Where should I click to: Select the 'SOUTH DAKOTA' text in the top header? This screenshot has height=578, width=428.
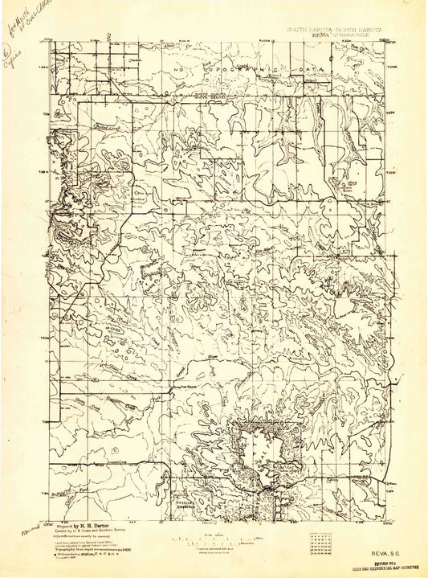[x=301, y=27]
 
